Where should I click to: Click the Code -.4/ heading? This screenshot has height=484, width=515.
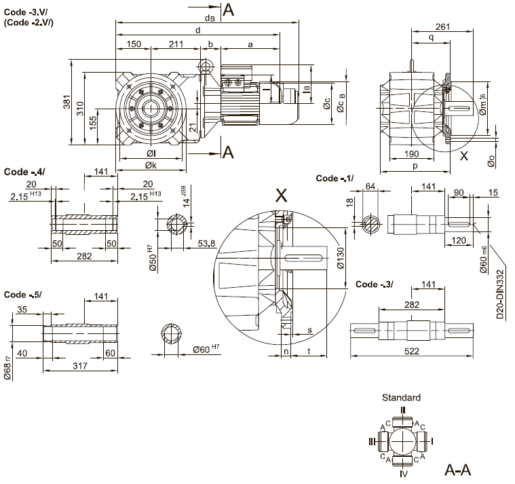point(24,172)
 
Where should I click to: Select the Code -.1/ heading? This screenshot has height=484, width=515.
point(336,178)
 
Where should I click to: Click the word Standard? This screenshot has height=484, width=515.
point(402,398)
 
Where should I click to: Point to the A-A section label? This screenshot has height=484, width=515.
point(458,470)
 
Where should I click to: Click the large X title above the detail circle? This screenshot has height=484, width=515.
point(281,196)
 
